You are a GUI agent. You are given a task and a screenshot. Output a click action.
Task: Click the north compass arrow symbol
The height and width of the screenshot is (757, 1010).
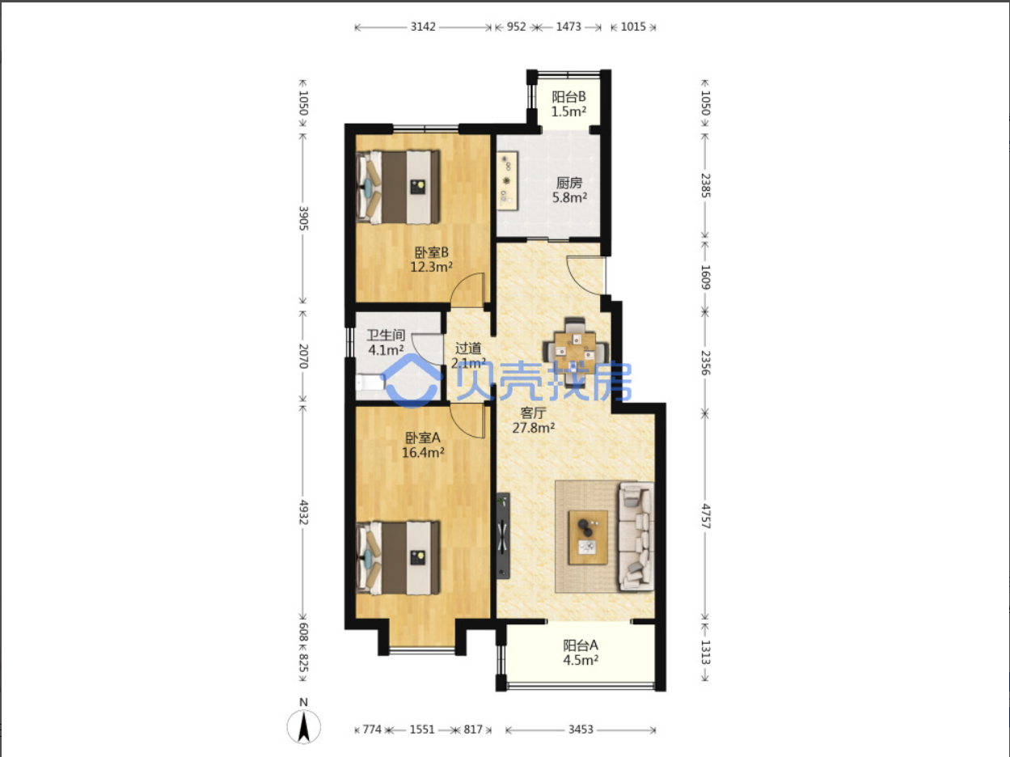pyautogui.click(x=304, y=726)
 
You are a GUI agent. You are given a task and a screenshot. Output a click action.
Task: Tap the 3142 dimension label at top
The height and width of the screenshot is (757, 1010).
pyautogui.click(x=423, y=27)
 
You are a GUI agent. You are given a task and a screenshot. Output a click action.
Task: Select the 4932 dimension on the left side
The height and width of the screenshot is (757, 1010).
pyautogui.click(x=303, y=512)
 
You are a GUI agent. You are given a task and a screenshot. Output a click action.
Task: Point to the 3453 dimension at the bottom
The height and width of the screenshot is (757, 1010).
pyautogui.click(x=581, y=730)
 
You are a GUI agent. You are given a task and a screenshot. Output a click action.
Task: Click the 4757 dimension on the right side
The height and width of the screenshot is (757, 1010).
pyautogui.click(x=705, y=516)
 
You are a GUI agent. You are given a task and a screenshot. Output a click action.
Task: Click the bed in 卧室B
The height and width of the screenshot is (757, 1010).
pyautogui.click(x=398, y=187)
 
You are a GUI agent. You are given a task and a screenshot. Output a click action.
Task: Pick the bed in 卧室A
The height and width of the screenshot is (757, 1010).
pyautogui.click(x=398, y=558)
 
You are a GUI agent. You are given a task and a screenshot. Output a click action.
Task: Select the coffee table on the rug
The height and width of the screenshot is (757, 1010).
pyautogui.click(x=588, y=537)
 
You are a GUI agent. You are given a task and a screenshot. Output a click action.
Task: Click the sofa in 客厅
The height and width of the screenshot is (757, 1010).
pyautogui.click(x=636, y=536)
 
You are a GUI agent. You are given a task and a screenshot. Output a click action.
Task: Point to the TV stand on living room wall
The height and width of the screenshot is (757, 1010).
pyautogui.click(x=504, y=535)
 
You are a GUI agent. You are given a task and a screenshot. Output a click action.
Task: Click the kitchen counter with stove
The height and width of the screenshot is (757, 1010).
pyautogui.click(x=507, y=181)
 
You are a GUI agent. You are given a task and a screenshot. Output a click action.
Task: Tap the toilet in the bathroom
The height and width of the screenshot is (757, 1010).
pyautogui.click(x=370, y=383)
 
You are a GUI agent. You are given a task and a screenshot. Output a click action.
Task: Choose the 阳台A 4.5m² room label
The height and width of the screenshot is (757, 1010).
pyautogui.click(x=581, y=653)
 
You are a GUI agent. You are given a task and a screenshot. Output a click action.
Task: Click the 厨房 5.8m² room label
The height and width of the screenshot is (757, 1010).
pyautogui.click(x=569, y=190)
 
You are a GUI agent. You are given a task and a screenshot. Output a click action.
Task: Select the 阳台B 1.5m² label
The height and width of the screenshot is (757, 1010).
pyautogui.click(x=568, y=104)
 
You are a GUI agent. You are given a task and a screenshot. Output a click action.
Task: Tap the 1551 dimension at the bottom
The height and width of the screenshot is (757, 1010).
pyautogui.click(x=422, y=730)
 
